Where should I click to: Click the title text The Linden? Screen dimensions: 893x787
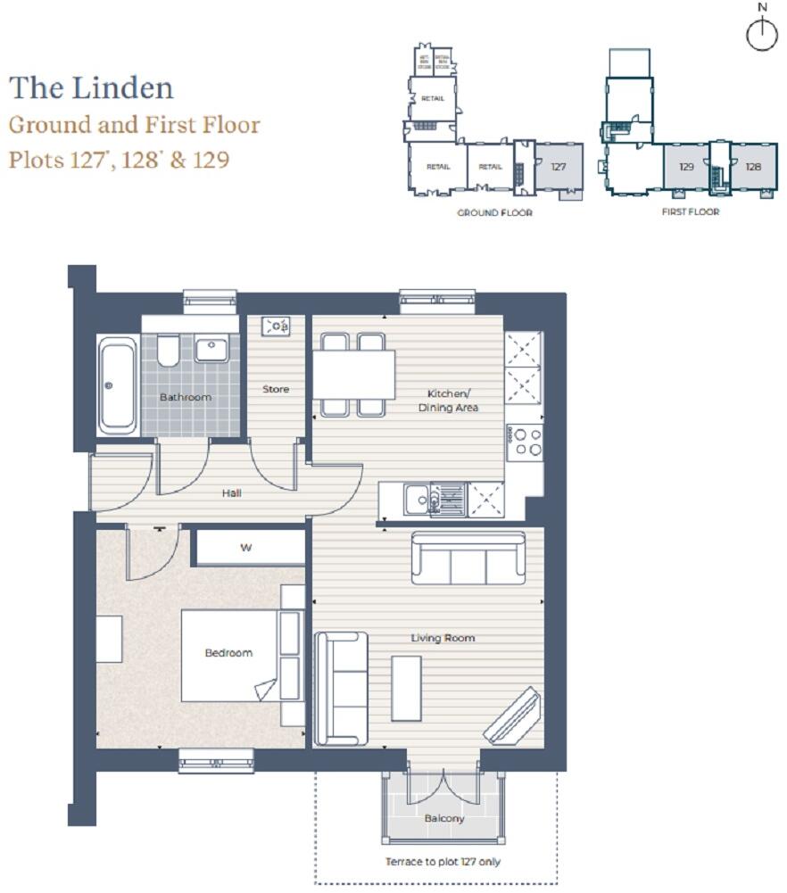91,88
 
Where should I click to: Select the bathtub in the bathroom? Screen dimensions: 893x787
118,385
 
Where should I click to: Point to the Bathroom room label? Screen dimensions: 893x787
186,397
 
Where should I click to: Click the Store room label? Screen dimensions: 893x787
276,389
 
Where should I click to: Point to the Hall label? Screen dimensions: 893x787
231,492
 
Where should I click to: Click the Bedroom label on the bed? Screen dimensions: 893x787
228,653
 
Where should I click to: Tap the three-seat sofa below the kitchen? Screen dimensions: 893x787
468,558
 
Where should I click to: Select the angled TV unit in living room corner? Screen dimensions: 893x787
513,715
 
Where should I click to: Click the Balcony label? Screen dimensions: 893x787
443,818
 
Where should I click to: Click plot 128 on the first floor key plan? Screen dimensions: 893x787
753,166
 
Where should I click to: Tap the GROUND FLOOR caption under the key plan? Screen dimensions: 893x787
494,213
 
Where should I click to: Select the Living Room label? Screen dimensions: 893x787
443,638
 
